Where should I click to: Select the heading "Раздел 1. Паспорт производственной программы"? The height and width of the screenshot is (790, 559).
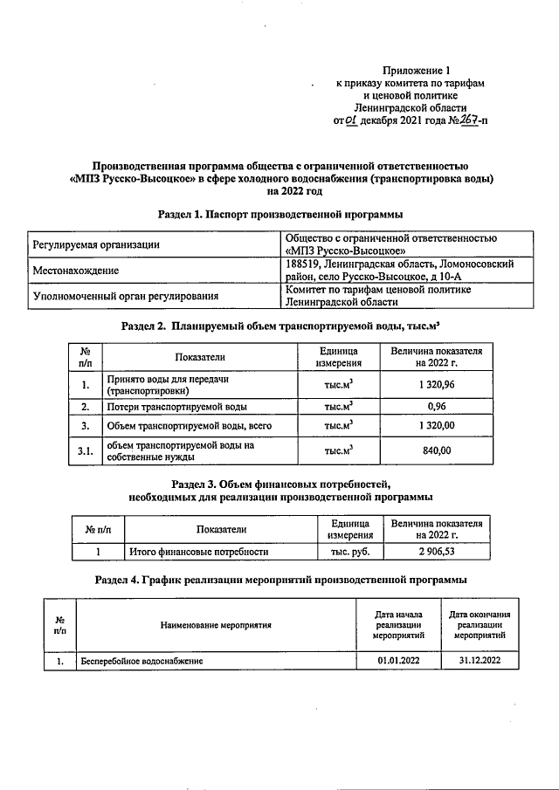click(x=279, y=213)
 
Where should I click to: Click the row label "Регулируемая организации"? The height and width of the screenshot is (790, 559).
click(x=96, y=245)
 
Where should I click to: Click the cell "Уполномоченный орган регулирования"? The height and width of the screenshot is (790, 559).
click(x=125, y=297)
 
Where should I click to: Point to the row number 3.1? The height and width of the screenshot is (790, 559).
click(x=85, y=450)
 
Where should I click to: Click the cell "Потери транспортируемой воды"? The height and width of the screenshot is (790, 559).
click(x=176, y=407)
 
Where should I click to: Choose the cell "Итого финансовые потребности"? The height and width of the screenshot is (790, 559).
click(x=198, y=552)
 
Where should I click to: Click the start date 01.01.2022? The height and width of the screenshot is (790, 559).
click(x=398, y=662)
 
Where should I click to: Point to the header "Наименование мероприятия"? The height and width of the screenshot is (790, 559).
click(x=216, y=625)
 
